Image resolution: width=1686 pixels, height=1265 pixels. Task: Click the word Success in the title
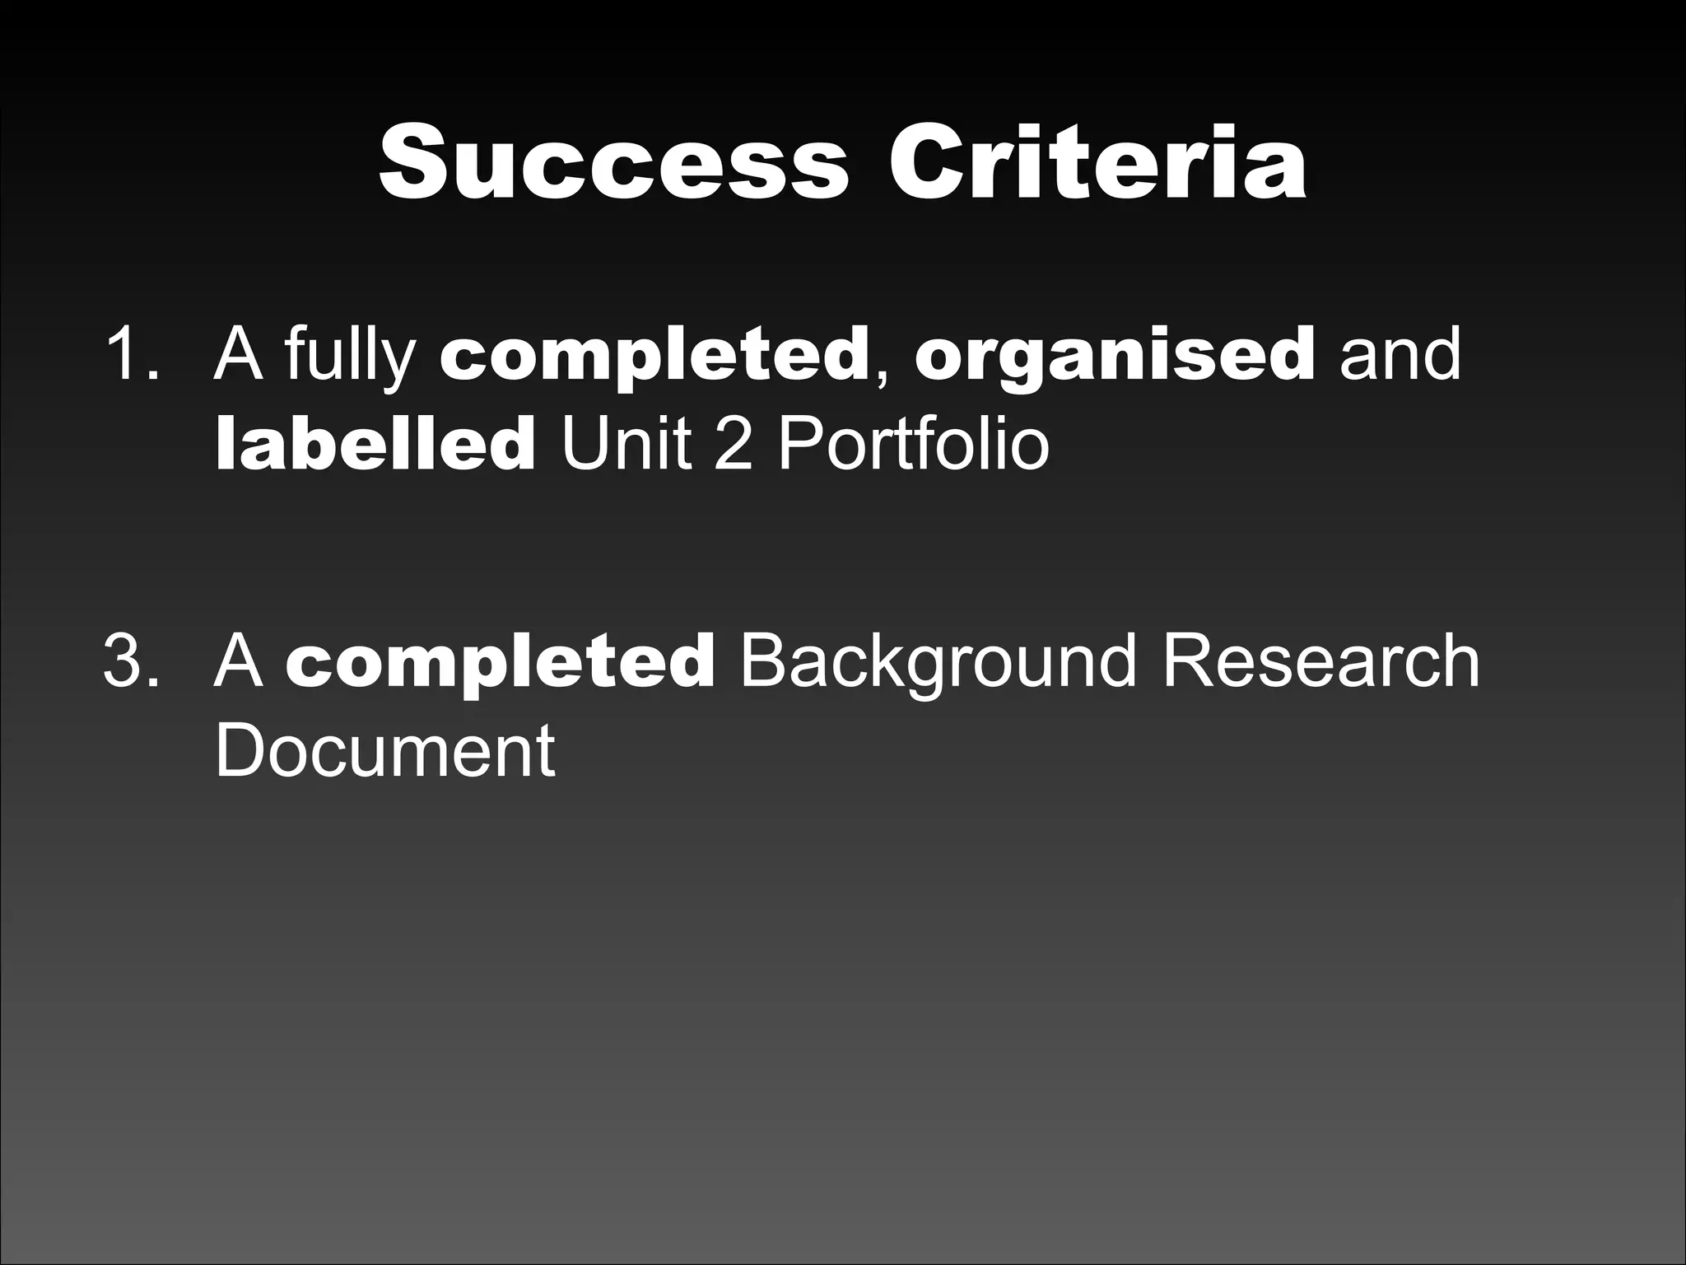pyautogui.click(x=613, y=161)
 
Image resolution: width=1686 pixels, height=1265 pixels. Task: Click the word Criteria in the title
pyautogui.click(x=1097, y=161)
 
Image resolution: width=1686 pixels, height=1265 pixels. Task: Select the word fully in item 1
pyautogui.click(x=350, y=356)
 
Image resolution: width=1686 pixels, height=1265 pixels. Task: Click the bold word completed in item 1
pyautogui.click(x=654, y=356)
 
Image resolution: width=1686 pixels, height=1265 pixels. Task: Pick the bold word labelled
pyautogui.click(x=375, y=445)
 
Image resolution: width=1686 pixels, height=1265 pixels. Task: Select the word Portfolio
pyautogui.click(x=913, y=445)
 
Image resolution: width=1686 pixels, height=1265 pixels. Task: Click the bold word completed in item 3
pyautogui.click(x=501, y=663)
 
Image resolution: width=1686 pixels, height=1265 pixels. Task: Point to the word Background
pyautogui.click(x=939, y=663)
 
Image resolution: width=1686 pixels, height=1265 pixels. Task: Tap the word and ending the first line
pyautogui.click(x=1400, y=354)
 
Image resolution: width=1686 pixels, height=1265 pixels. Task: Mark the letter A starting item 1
pyautogui.click(x=238, y=354)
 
